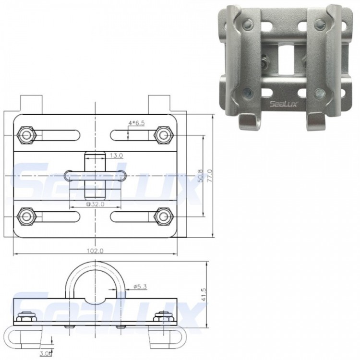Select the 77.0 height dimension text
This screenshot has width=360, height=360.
(x=209, y=176)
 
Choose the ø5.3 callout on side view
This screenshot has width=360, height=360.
(x=140, y=287)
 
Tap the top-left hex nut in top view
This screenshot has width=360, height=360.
(x=25, y=134)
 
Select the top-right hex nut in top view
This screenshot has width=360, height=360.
(x=164, y=135)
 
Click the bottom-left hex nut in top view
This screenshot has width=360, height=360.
(x=25, y=216)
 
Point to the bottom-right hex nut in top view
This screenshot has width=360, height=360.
(x=164, y=216)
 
